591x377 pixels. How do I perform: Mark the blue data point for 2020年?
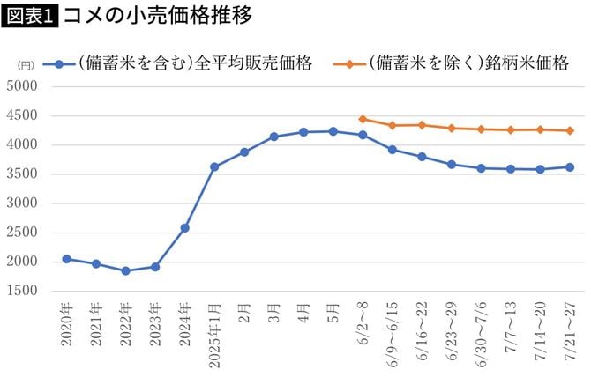66,259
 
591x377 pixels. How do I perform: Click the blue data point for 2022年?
125,270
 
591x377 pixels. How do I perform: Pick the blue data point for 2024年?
184,228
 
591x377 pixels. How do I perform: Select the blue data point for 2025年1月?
214,166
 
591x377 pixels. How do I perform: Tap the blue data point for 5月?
333,131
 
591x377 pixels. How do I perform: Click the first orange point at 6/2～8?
363,119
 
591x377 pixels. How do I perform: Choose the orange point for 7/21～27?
570,130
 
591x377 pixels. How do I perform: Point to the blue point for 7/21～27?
570,167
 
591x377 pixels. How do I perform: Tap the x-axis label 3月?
273,316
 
